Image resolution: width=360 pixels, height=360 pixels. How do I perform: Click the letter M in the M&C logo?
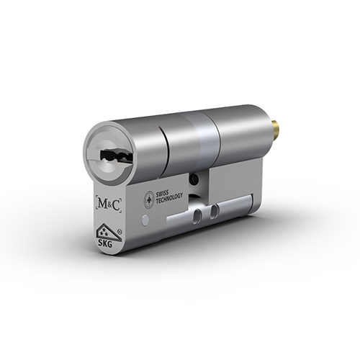102,204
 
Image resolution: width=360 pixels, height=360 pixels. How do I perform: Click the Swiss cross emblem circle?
148,198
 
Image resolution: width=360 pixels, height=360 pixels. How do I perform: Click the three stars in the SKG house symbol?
104,233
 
